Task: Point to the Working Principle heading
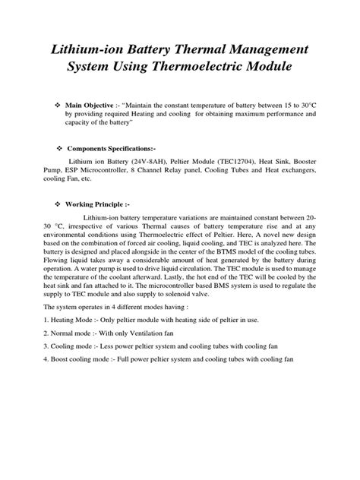coord(99,205)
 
